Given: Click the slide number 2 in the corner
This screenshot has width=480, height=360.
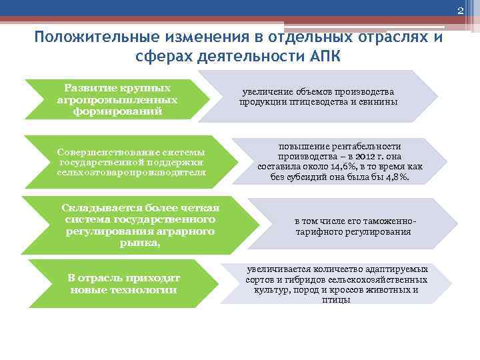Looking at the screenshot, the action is (459, 9).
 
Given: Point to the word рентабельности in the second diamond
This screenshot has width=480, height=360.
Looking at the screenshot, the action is (368, 145).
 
